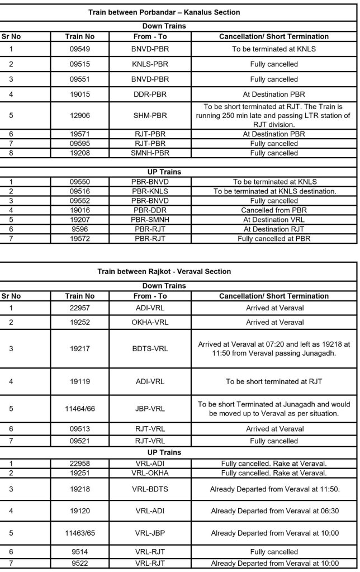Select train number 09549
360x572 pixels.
click(x=79, y=49)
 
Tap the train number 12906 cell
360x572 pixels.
click(x=79, y=116)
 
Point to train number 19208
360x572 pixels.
click(x=79, y=152)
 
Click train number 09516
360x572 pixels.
click(x=79, y=191)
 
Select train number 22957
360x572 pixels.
click(x=79, y=307)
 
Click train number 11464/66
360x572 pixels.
click(x=79, y=408)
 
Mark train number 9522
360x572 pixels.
click(x=79, y=561)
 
